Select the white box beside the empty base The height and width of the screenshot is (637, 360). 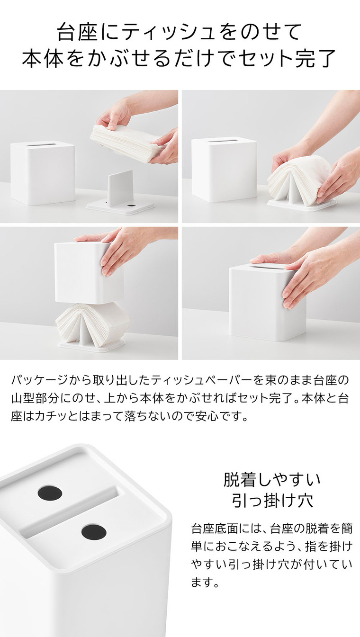(43, 172)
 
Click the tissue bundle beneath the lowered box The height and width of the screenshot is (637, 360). (92, 324)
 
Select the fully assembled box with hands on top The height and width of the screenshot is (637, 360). (267, 303)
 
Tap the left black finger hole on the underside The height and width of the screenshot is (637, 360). (50, 493)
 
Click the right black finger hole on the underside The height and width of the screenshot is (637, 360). (93, 532)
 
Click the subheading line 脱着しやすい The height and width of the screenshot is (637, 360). (272, 480)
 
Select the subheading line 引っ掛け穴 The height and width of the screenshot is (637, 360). (272, 500)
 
